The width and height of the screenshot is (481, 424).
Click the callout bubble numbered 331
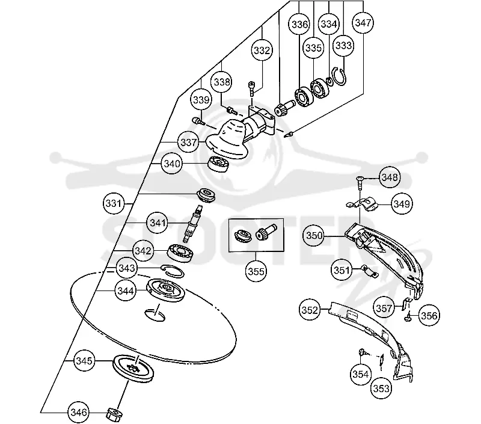tap(114, 203)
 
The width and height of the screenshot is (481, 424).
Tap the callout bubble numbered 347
tap(363, 22)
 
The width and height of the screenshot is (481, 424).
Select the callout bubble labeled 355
tap(256, 271)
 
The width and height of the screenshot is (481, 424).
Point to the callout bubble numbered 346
tap(79, 412)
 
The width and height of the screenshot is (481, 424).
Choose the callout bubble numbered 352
tap(310, 310)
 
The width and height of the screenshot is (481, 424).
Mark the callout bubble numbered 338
tap(221, 82)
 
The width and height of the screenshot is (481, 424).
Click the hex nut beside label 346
tap(114, 415)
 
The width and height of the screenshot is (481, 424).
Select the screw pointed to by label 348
tap(359, 183)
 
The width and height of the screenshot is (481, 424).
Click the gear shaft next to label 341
tap(193, 223)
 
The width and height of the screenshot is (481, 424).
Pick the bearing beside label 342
tap(181, 253)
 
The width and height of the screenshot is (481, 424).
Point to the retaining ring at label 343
tap(172, 271)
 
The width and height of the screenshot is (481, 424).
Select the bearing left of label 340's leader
tap(219, 164)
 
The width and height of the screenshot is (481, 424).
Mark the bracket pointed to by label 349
tap(362, 204)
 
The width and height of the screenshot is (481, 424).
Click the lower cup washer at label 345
tap(133, 368)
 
